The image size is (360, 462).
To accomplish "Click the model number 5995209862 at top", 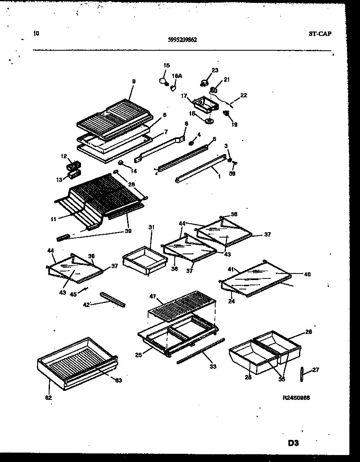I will coord(182,40).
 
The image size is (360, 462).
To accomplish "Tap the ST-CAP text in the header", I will coord(319,34).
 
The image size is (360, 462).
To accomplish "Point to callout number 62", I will coord(49,397).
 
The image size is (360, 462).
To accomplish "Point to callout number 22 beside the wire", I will coord(243,95).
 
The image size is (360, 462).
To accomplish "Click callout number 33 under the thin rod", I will coord(212,366).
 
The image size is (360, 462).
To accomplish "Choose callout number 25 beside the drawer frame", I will coord(138,355).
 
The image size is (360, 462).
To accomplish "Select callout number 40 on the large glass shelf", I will coord(307,274).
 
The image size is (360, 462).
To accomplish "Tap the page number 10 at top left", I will coord(36,34).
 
